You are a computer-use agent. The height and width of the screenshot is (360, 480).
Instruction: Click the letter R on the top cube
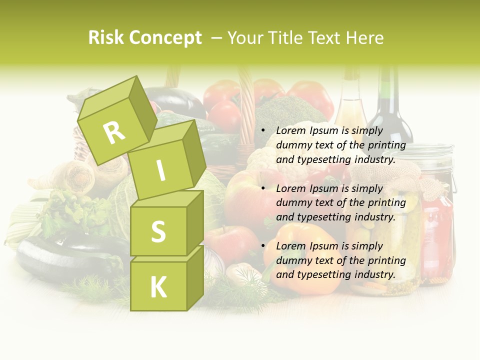pos(114,132)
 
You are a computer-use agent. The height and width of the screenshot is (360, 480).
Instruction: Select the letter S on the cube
pos(158,231)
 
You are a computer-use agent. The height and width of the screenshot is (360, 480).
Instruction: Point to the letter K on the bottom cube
pos(158,287)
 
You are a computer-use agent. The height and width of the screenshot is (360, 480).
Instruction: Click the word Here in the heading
pos(365,38)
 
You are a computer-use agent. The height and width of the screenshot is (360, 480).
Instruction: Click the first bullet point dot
pos(263,130)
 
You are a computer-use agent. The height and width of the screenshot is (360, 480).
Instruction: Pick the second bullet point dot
pos(263,188)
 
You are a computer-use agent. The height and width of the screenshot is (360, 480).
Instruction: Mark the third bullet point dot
pos(263,246)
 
